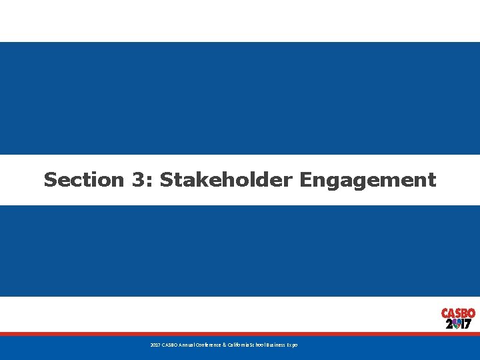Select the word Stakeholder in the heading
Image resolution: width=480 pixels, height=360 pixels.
tap(227, 180)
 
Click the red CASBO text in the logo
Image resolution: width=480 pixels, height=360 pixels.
tap(458, 313)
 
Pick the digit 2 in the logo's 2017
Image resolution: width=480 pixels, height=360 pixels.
tap(449, 324)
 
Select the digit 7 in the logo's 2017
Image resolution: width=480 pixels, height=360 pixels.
tap(469, 324)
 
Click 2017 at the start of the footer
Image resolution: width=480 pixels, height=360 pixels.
tap(155, 345)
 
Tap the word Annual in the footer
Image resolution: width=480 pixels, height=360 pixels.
tap(187, 345)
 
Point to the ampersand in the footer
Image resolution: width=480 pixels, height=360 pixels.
tap(225, 345)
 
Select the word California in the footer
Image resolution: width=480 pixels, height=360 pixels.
tap(239, 345)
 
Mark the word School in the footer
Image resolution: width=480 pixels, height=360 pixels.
tap(258, 345)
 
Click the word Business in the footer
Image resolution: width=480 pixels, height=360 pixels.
tap(277, 345)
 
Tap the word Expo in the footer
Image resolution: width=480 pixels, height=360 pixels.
tap(293, 345)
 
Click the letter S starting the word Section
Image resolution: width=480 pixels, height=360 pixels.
tap(50, 180)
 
